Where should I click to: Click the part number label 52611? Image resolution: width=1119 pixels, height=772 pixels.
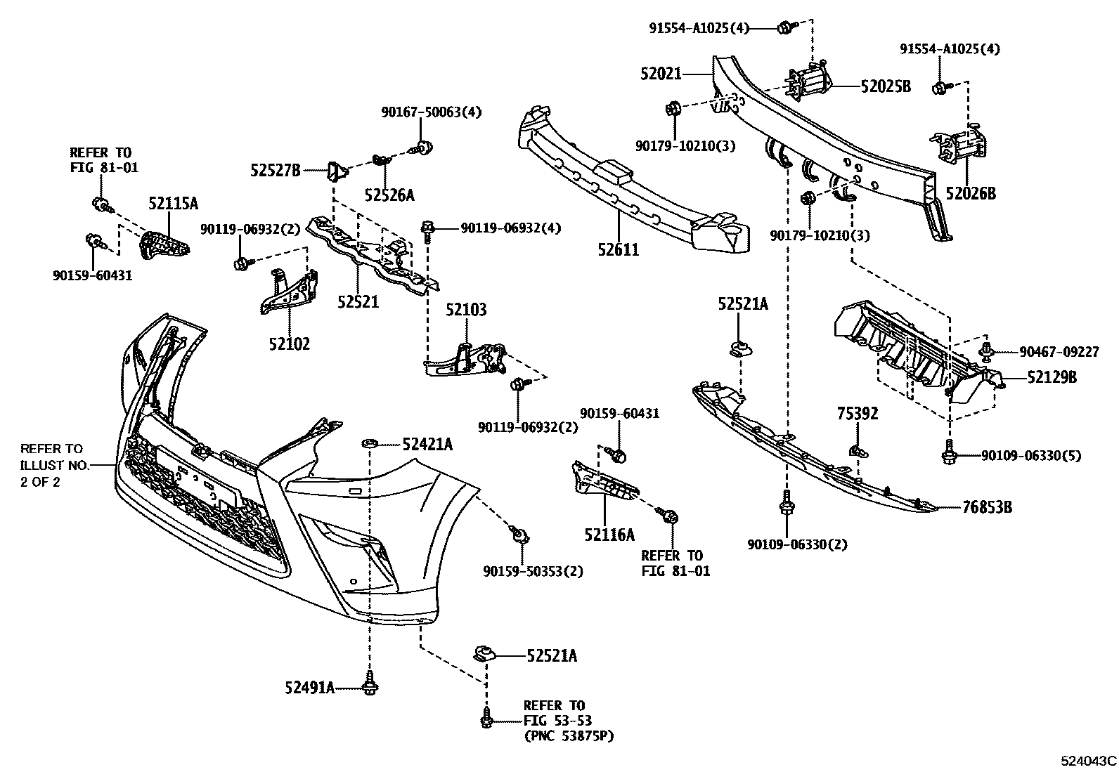pos(619,249)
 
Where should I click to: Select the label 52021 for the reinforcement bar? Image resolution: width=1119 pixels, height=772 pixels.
pos(661,73)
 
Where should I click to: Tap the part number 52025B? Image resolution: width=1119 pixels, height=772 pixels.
pos(886,86)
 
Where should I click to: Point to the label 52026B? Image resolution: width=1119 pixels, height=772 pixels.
pos(971,193)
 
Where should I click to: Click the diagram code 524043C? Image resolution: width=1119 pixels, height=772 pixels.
pos(1089,760)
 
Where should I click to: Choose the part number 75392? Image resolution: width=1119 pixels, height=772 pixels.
pos(857,414)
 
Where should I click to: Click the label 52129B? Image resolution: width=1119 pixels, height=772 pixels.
pos(1052,378)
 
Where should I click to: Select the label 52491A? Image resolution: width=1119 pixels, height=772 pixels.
pos(309,688)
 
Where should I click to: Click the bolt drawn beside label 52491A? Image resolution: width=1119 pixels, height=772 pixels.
pos(369,686)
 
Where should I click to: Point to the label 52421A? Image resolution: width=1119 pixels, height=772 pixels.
pos(427,444)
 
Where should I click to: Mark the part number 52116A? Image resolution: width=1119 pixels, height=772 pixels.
pos(609,535)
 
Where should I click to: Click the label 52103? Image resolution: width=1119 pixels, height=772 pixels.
pos(466,310)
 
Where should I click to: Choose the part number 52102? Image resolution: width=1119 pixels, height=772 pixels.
pos(289,344)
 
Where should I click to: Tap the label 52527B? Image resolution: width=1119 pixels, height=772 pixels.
pos(276,169)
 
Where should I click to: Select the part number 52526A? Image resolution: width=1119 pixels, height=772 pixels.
pos(389,195)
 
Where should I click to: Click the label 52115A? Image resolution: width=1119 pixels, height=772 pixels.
pos(173,204)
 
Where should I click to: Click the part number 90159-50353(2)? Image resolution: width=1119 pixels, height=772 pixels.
pos(533,571)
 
